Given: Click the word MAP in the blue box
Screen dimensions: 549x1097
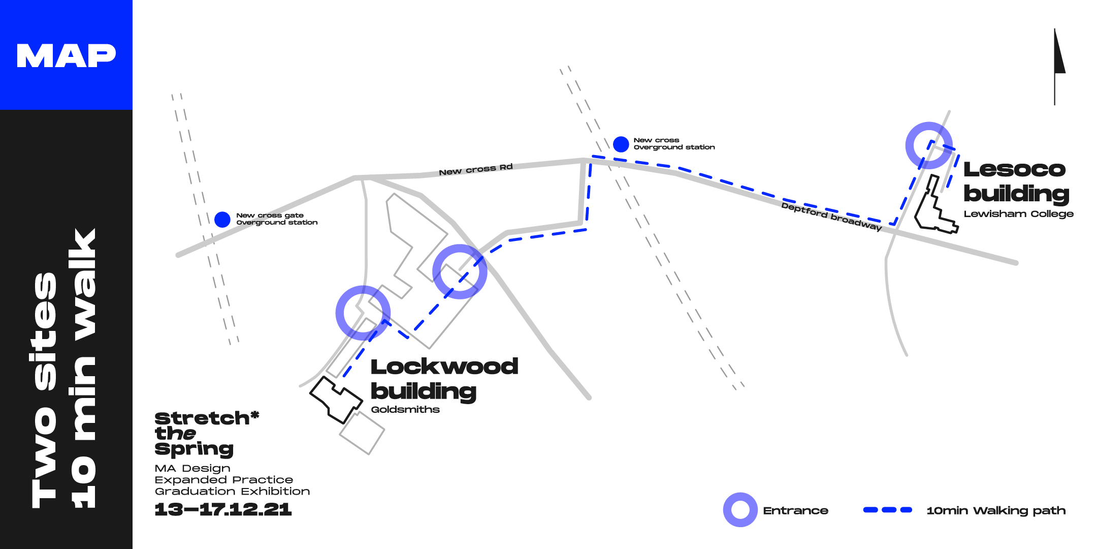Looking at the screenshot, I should (66, 55).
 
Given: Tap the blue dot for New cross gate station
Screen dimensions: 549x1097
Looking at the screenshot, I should (222, 219).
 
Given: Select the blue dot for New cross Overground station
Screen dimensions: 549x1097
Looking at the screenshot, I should (621, 144).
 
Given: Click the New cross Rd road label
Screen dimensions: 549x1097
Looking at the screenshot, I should (475, 169).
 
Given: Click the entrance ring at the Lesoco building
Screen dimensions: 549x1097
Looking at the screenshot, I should (929, 145).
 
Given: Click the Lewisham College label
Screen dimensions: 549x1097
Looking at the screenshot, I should (1018, 214).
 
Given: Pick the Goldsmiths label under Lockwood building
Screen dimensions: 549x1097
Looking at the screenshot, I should (405, 410).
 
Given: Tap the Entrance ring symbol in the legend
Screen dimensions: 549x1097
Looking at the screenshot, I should (740, 510).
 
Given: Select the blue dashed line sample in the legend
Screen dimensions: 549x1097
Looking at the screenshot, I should (887, 510).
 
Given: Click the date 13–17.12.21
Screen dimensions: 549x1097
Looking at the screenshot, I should (223, 509).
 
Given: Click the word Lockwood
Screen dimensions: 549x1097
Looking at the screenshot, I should (444, 367).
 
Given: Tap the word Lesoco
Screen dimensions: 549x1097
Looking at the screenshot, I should (1014, 169).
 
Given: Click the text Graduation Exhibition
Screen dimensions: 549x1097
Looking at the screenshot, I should (232, 492).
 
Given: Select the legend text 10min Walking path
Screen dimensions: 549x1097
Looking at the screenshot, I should (996, 510).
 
